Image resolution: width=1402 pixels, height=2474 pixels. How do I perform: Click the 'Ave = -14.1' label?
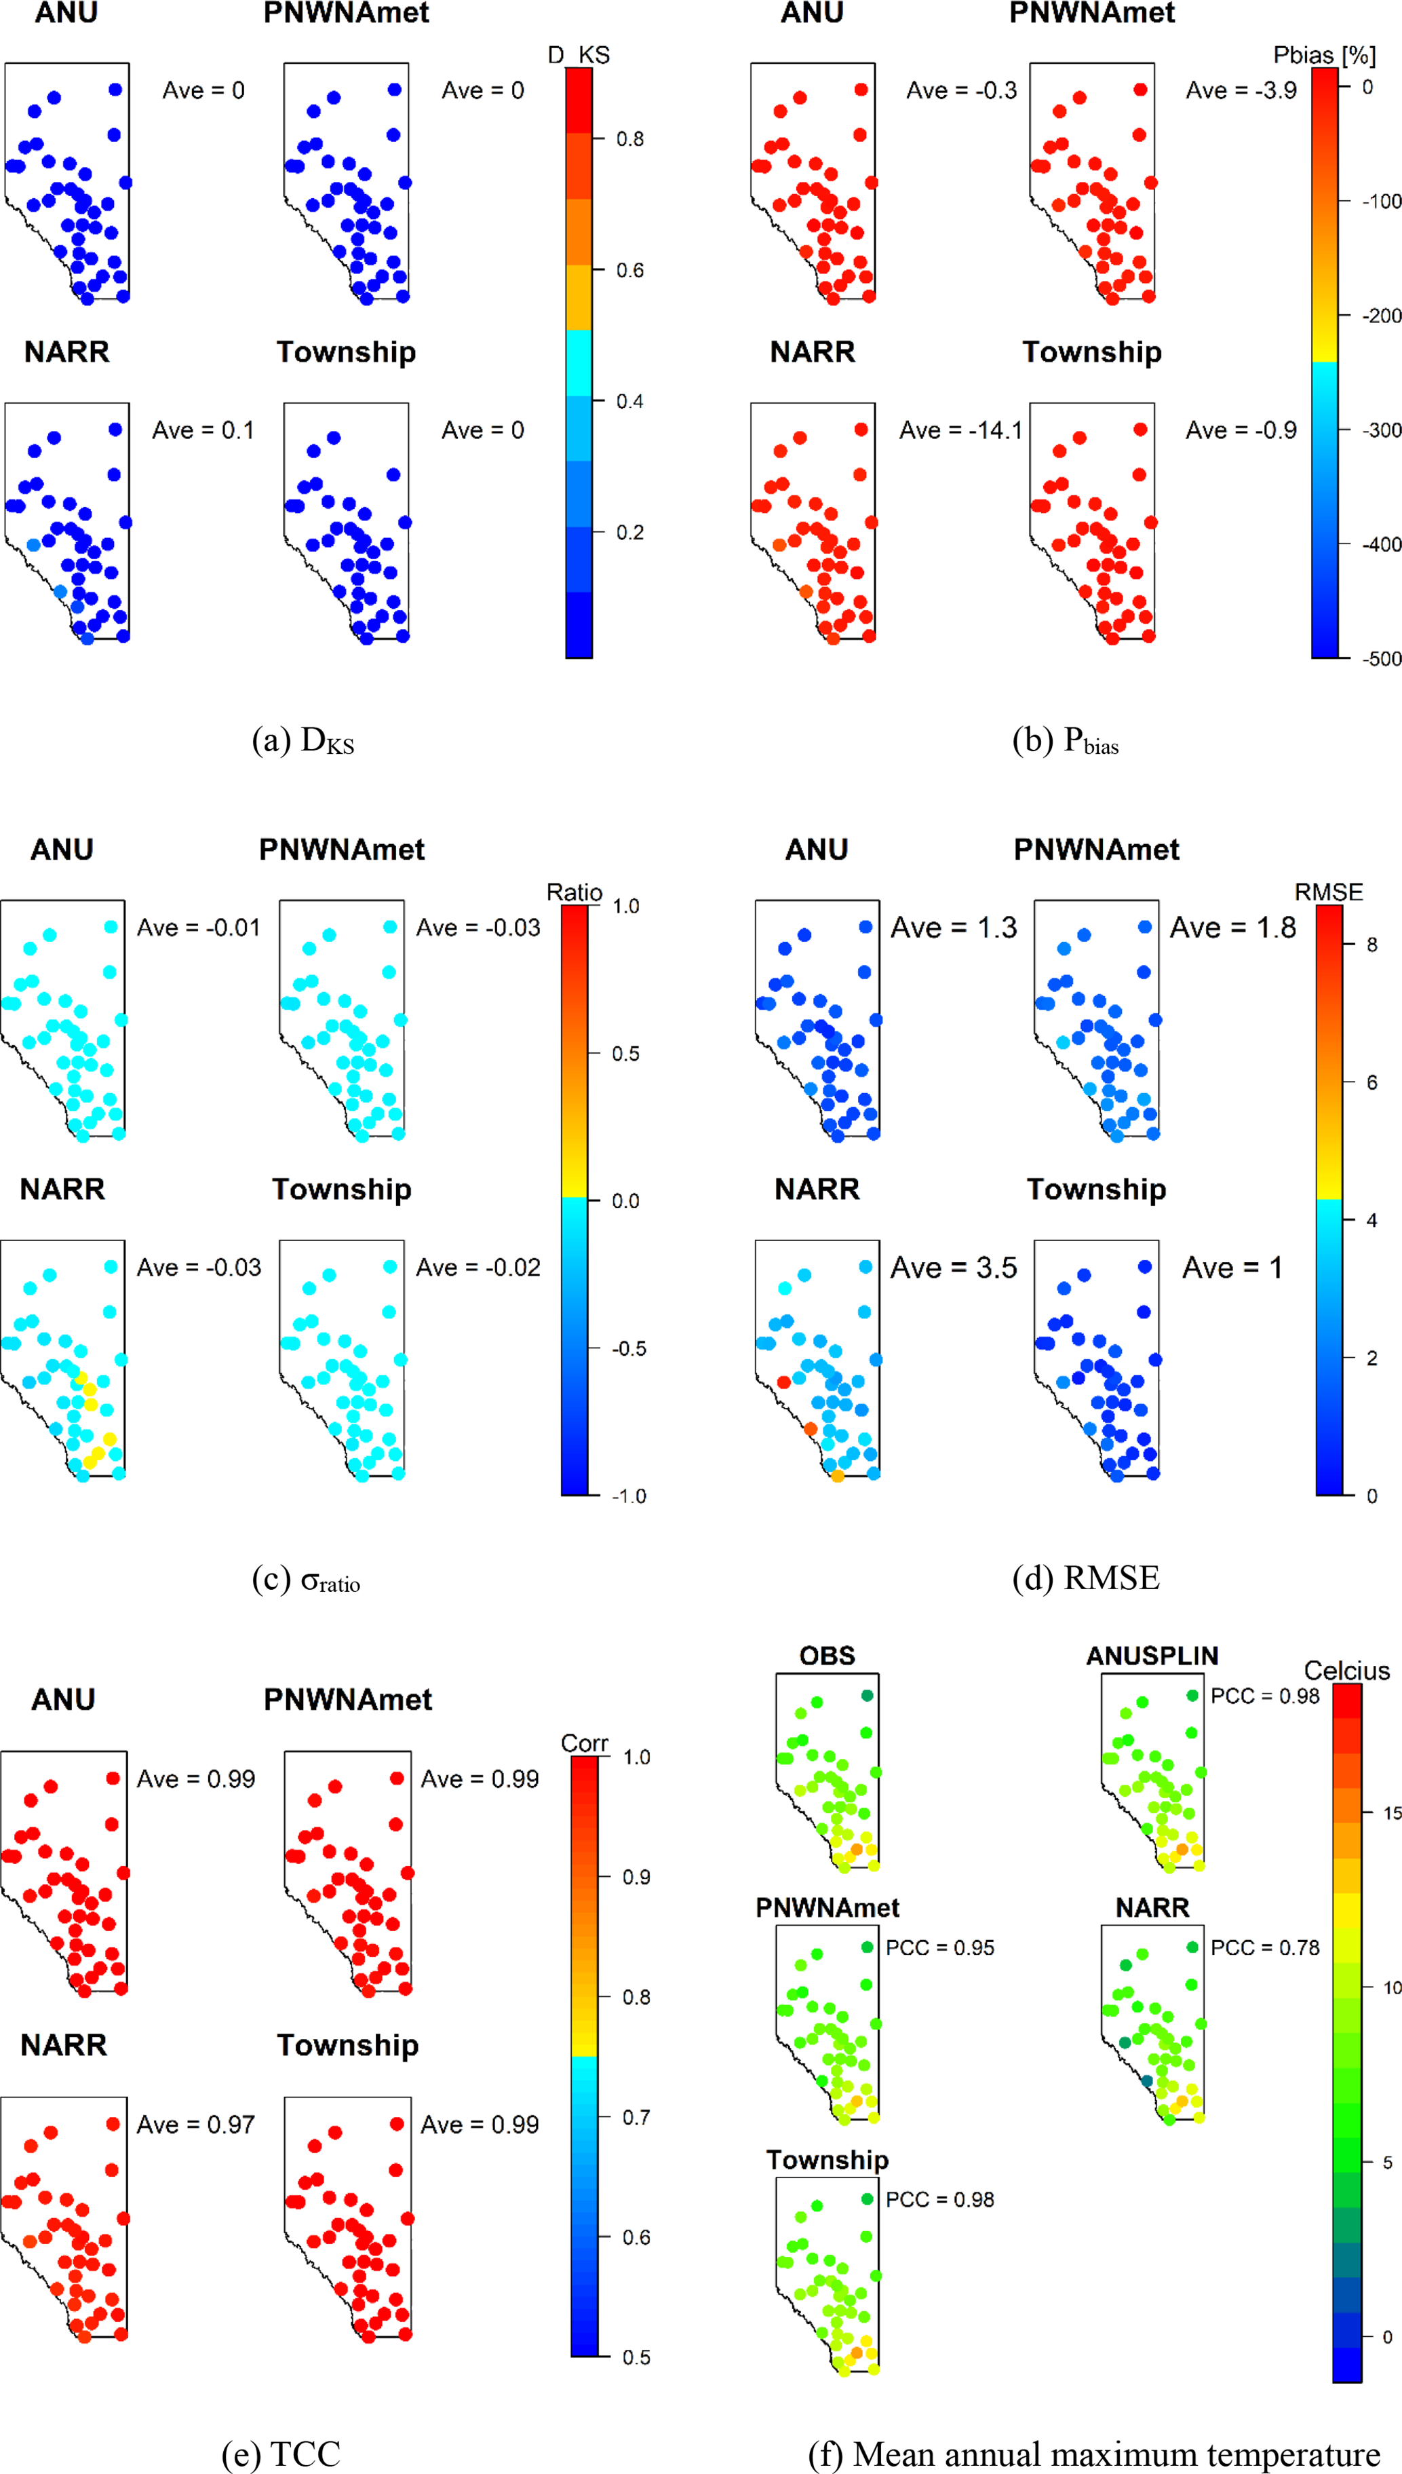tap(960, 430)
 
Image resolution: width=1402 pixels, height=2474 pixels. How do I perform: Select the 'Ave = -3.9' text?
tap(1240, 90)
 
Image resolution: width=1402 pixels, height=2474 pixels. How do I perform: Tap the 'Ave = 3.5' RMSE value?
tap(953, 1268)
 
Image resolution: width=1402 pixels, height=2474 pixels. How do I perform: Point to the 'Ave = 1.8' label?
tap(1232, 928)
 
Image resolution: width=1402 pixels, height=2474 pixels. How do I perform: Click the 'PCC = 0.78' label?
tap(1264, 1947)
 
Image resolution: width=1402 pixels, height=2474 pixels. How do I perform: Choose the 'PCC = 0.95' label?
tap(940, 1947)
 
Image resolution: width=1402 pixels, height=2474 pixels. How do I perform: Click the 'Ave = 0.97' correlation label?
tap(195, 2125)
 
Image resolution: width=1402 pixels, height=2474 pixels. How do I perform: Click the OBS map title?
tap(827, 1656)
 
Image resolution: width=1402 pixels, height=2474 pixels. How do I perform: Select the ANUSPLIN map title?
tap(1152, 1656)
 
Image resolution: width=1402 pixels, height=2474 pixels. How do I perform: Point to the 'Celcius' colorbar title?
tap(1346, 1671)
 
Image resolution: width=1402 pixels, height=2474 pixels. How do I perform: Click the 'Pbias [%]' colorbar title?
tap(1324, 55)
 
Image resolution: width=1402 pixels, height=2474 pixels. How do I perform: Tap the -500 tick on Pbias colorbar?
tap(1382, 659)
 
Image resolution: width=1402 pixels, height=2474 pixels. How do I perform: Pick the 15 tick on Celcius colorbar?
tap(1391, 1813)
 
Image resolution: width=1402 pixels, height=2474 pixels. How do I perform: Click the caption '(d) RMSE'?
tap(1085, 1578)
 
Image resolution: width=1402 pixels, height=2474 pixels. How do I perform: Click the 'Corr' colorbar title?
tap(585, 1743)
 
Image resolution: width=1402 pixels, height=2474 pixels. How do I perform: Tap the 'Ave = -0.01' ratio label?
tap(198, 928)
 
